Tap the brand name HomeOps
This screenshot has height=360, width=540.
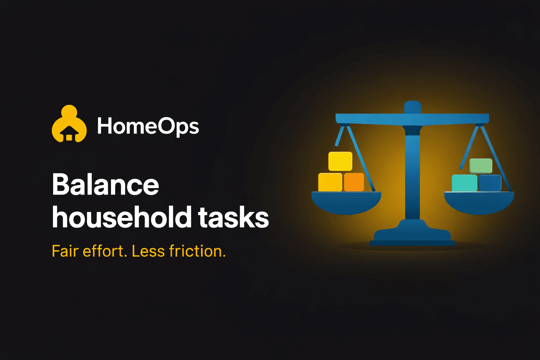148,126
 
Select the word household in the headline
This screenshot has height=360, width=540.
121,217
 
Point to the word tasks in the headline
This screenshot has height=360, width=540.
233,217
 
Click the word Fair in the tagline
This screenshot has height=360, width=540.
65,251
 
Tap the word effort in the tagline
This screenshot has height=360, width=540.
104,251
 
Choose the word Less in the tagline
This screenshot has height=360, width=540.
148,251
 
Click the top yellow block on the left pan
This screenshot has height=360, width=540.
340,161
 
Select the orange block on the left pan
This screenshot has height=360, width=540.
354,182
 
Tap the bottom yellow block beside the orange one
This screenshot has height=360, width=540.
330,182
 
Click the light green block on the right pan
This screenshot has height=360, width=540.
481,166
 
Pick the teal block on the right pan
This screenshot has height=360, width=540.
464,183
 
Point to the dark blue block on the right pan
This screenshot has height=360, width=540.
490,183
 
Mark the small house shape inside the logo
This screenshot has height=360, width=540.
69,134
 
